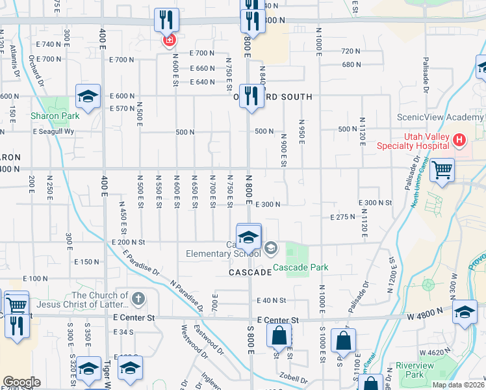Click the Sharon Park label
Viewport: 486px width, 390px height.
(x=55, y=116)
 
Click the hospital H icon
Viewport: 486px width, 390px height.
(x=460, y=139)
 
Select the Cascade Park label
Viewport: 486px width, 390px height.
(x=300, y=267)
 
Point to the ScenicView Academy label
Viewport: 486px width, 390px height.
(x=441, y=118)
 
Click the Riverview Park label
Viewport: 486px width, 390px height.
(x=416, y=370)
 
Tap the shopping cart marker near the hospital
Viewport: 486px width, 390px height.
(x=442, y=171)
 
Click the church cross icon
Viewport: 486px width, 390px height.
(x=137, y=298)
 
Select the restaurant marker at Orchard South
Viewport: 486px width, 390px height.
(x=250, y=97)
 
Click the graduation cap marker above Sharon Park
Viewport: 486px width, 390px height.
(x=88, y=97)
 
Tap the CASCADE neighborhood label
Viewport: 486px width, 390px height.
(x=249, y=273)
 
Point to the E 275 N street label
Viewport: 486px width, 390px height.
(x=343, y=217)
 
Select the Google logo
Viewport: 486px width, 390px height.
(x=21, y=382)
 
